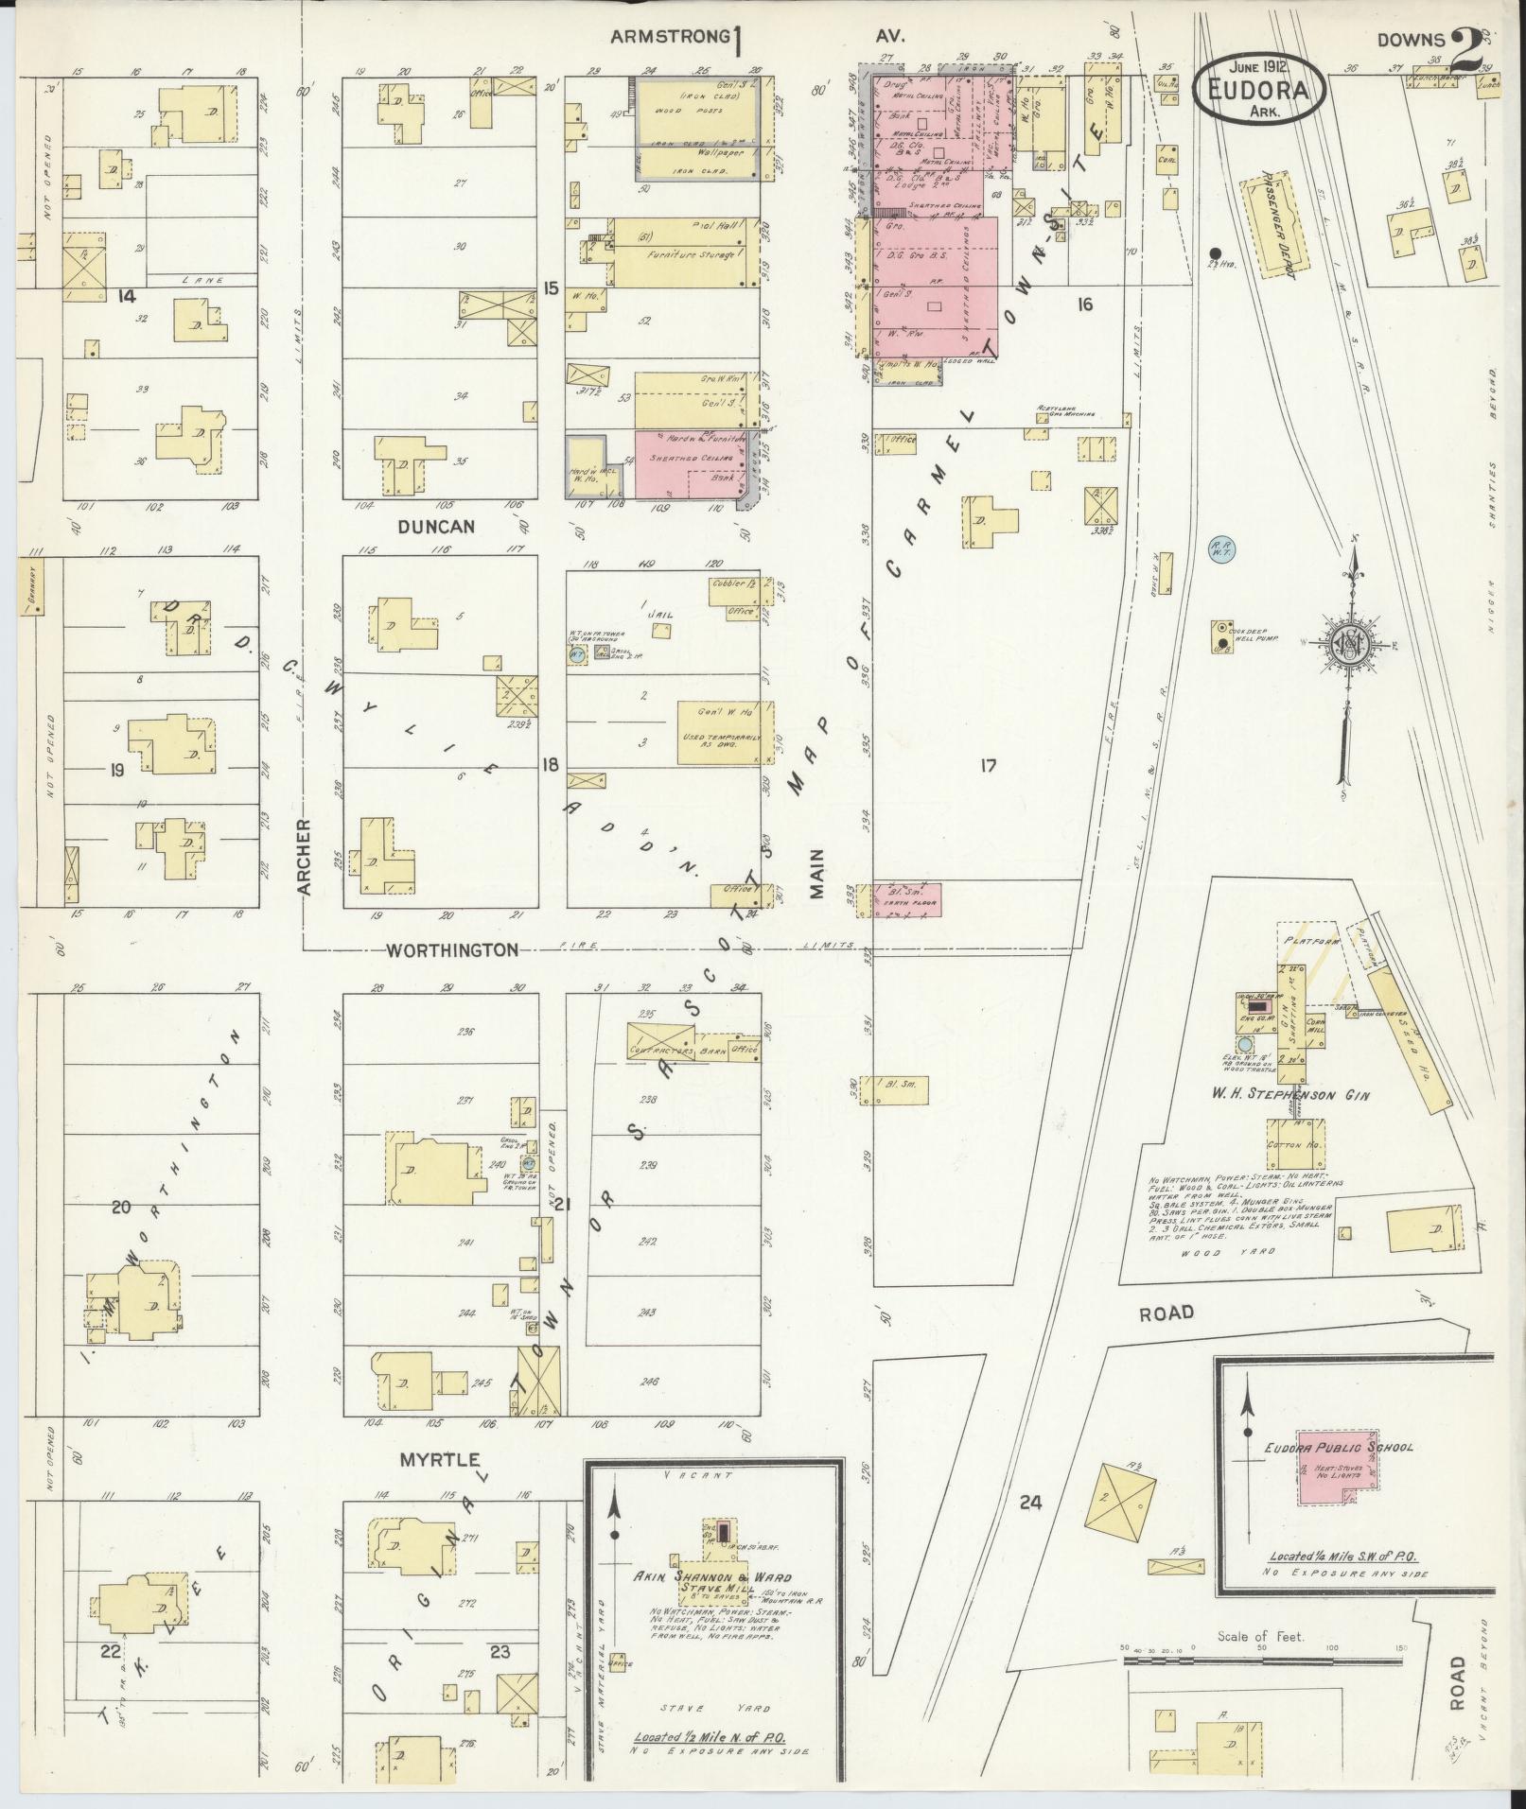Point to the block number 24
[1030, 1500]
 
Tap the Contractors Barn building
[678, 1040]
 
